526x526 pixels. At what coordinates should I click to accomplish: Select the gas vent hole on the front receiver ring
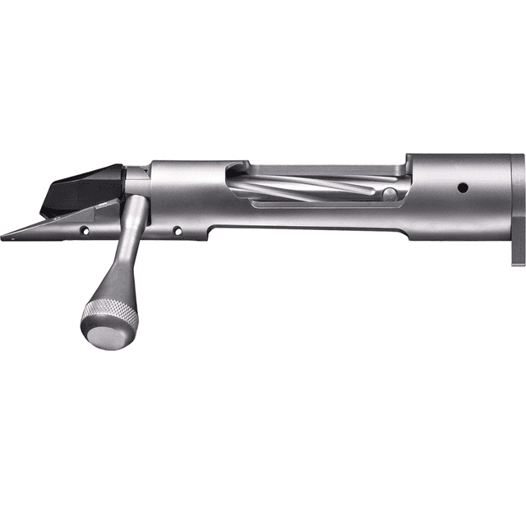pos(463,188)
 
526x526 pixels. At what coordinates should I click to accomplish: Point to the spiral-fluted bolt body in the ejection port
pos(312,187)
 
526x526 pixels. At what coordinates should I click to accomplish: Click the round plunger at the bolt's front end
pos(390,195)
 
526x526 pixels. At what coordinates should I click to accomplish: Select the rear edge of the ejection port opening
pos(228,185)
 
